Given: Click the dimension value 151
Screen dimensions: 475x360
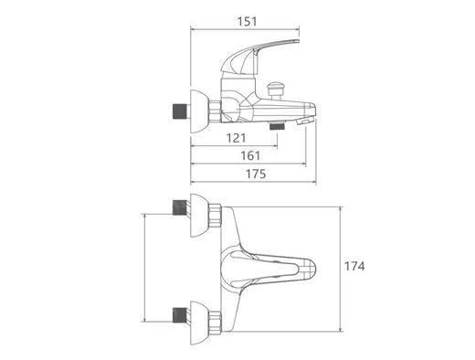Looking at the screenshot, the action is coord(247,22).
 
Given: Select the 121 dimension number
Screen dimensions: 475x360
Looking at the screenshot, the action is coord(237,138).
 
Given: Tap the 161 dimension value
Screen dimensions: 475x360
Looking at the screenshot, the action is coord(250,156).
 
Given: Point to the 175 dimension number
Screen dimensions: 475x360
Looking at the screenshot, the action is coord(256,174).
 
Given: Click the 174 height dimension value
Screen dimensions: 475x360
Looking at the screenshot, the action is coord(354,267).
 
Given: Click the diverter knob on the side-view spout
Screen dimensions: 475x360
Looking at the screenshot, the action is coord(275,87).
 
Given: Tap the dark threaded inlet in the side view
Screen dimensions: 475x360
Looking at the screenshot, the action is coord(180,111).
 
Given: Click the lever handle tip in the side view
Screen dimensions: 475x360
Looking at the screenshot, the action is coord(297,42).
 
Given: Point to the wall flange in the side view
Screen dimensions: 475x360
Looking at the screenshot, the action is coord(198,111).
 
